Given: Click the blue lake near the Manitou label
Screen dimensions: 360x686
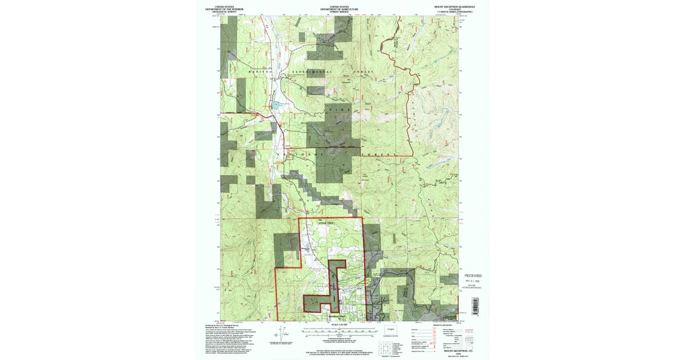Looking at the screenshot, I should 275,105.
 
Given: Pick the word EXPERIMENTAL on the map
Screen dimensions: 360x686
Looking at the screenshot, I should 310,73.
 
